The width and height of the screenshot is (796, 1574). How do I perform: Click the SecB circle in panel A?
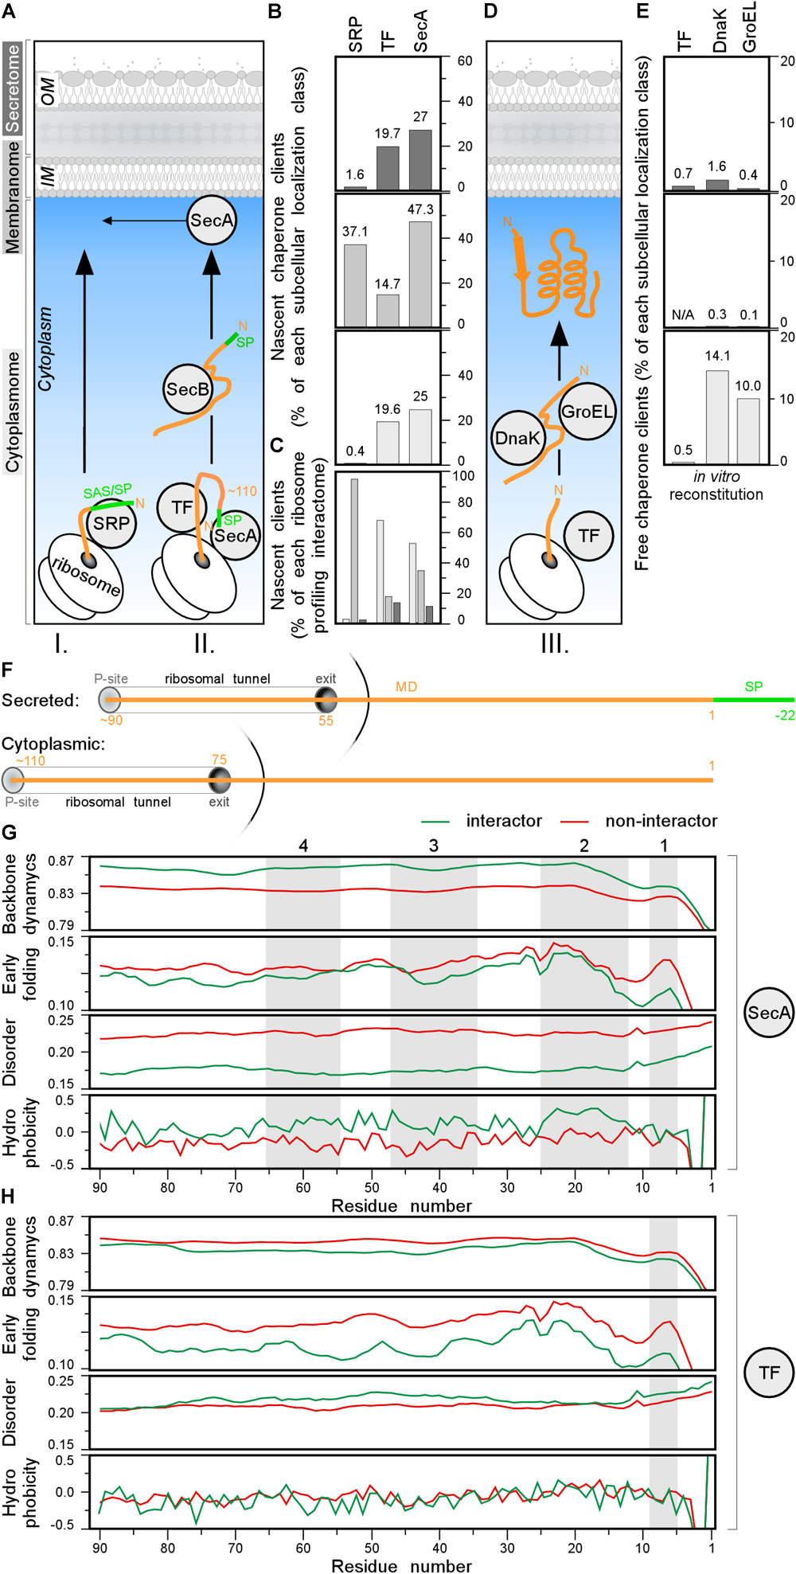[188, 389]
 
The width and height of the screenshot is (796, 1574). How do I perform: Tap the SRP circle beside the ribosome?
[111, 524]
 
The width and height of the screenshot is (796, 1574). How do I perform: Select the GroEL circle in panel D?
[587, 412]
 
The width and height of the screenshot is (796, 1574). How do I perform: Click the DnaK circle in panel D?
[517, 438]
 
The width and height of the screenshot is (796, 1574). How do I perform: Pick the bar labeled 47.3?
[420, 273]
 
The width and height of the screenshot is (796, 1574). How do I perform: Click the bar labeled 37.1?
[355, 285]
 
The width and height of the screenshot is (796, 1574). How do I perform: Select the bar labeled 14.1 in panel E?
[717, 416]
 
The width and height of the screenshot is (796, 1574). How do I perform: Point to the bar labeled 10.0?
[747, 430]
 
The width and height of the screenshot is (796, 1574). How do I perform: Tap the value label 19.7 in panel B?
[387, 134]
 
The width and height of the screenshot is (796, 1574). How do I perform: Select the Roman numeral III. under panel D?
[554, 643]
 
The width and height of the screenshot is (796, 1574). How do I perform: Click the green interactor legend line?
[435, 822]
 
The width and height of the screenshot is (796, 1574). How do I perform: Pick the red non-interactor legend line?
[575, 822]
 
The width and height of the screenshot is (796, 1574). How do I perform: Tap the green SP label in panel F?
[753, 686]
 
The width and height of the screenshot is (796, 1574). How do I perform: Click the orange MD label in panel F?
[406, 686]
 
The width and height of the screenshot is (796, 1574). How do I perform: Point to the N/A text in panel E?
[683, 315]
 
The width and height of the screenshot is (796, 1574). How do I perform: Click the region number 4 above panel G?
[303, 846]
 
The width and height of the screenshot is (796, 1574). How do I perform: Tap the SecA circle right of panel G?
[769, 1013]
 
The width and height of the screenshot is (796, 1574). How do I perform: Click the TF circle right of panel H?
[769, 1373]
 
